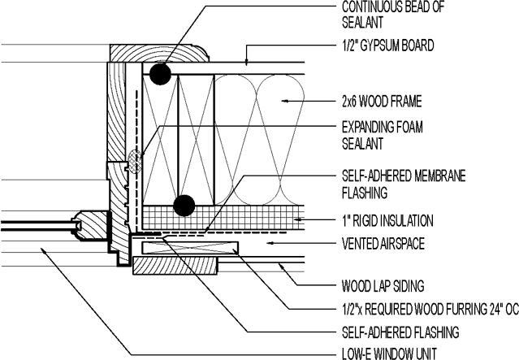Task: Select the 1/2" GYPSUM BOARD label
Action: point(387,46)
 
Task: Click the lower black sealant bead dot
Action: point(184,206)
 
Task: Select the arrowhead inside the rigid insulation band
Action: point(300,219)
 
